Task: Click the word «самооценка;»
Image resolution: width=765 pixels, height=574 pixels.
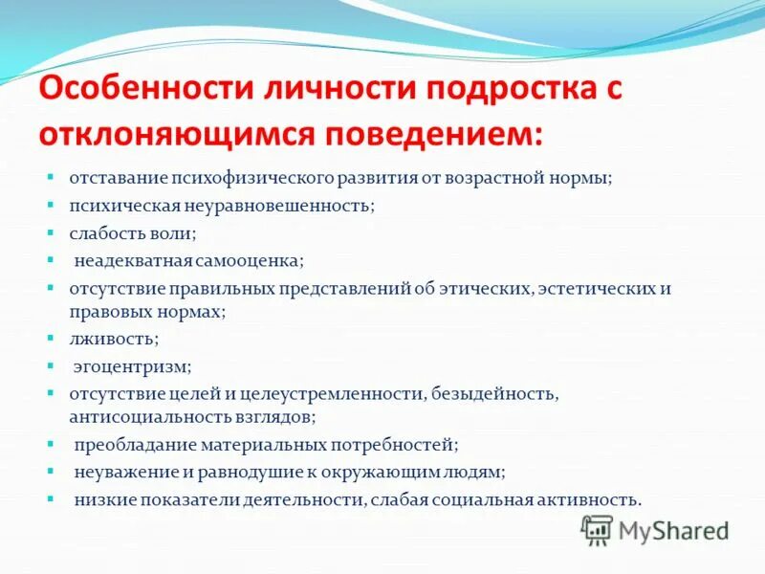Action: (x=251, y=259)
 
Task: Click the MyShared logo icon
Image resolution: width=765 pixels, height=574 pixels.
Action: (x=597, y=529)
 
